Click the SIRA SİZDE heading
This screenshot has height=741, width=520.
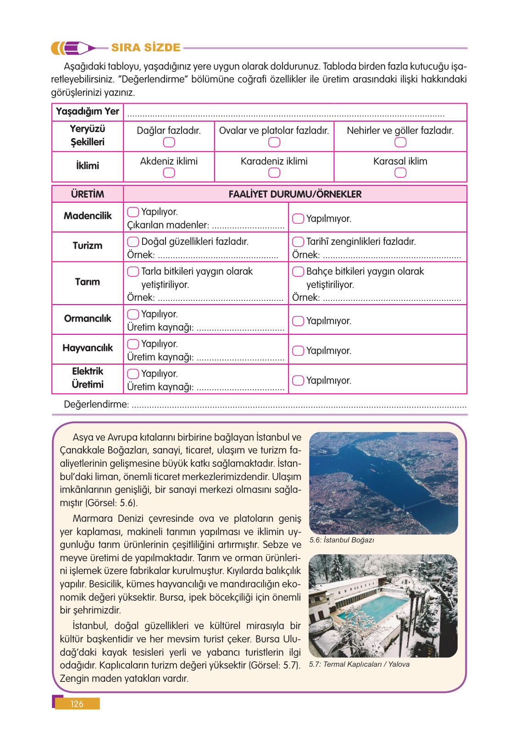[146, 48]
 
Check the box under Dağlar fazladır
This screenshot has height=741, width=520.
[169, 142]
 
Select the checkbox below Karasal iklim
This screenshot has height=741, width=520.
[400, 172]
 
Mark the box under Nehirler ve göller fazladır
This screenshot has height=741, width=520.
[400, 142]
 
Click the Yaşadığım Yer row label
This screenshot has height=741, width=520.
[88, 111]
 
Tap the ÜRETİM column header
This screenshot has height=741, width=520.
[88, 194]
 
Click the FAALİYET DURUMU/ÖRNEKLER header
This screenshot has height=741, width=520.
[295, 194]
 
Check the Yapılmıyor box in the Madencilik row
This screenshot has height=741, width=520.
[298, 218]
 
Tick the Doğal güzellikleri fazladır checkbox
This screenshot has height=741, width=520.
[133, 242]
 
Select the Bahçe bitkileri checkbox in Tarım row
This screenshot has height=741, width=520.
[298, 271]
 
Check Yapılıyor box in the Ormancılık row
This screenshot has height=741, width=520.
[133, 314]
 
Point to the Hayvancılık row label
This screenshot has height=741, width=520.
[88, 348]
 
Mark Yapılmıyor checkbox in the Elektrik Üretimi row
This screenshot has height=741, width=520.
[298, 380]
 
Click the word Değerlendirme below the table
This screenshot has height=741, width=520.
[96, 404]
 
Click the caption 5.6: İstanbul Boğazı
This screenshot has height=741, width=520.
[342, 540]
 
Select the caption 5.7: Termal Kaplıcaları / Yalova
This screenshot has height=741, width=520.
[359, 664]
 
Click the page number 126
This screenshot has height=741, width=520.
[77, 704]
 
